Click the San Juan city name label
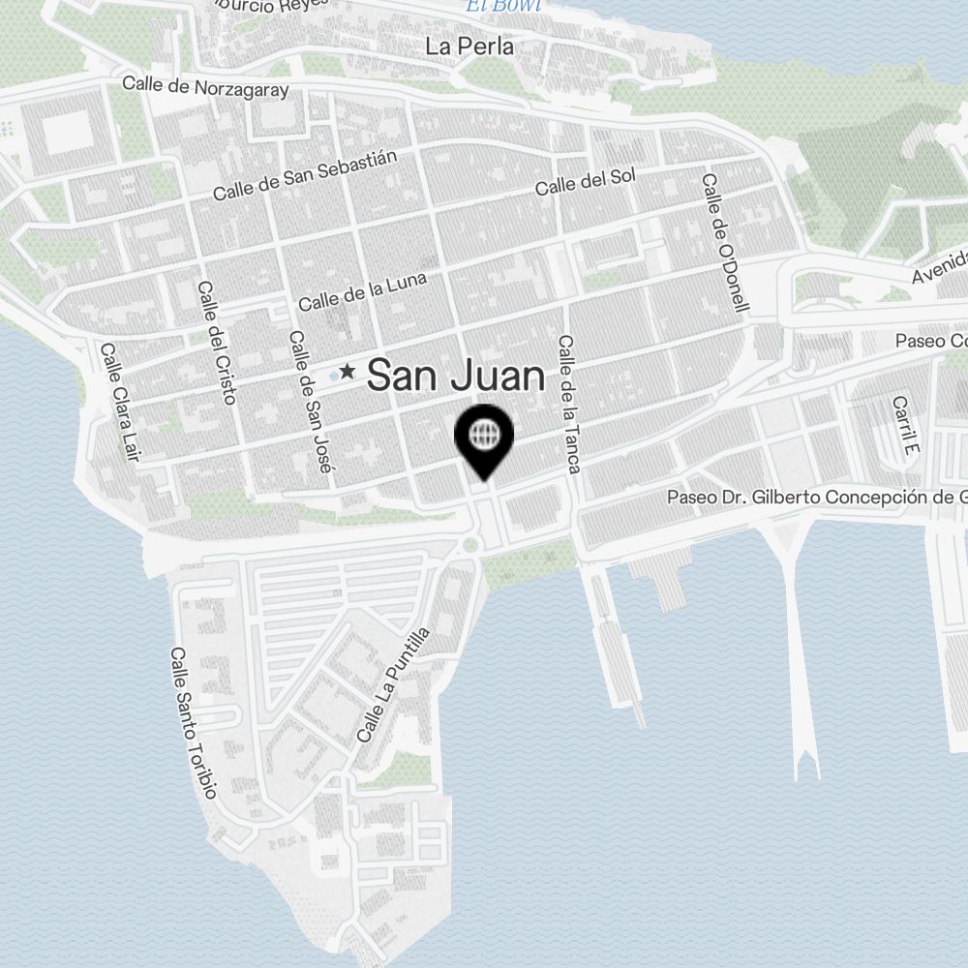pos(456,376)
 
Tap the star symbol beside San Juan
pos(347,372)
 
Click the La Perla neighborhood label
pos(469,46)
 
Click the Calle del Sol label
pos(586,181)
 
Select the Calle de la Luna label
pos(361,291)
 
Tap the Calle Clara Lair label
pos(120,402)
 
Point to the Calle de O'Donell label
pos(726,242)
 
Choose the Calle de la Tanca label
pos(568,405)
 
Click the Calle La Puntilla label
pos(392,685)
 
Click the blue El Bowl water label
pos(489,7)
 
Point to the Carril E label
pos(904,426)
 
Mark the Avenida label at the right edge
pos(940,267)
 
